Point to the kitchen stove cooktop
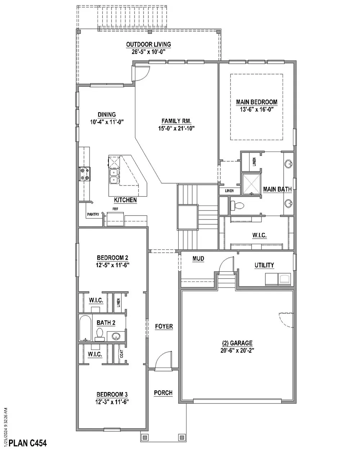point(86,174)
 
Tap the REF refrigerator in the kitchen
point(116,218)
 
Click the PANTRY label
point(93,215)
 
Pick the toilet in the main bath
point(238,206)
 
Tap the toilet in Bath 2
point(100,334)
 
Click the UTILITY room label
point(264,265)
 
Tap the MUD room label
point(198,258)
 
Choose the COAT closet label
point(122,354)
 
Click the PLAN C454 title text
point(28,442)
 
